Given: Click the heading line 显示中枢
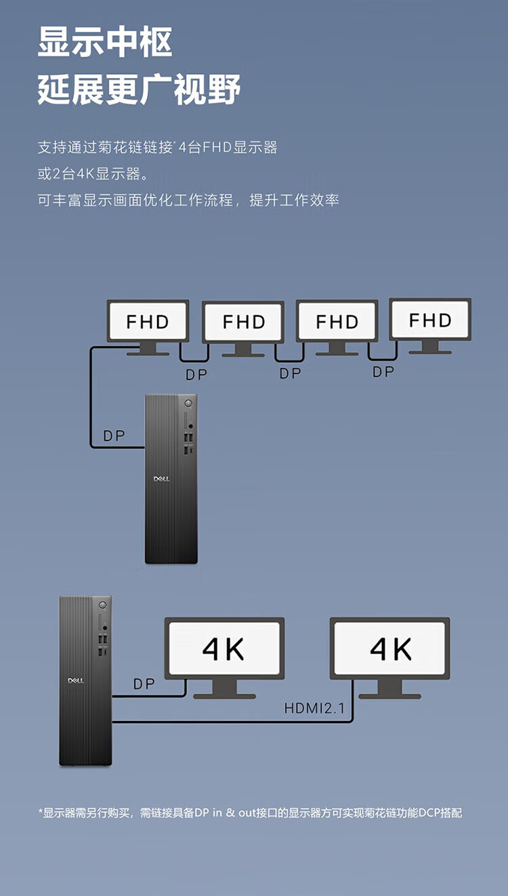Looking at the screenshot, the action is (x=105, y=41).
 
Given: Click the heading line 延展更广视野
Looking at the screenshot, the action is (x=139, y=89).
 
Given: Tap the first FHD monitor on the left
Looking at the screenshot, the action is (x=148, y=327).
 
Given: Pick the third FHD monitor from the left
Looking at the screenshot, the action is (x=337, y=327).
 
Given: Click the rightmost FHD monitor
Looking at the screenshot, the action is (x=430, y=326).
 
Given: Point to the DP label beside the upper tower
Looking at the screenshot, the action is (x=114, y=436).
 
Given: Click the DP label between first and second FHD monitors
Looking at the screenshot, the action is (x=196, y=375).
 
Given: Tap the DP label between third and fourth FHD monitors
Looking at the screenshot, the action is (x=383, y=372).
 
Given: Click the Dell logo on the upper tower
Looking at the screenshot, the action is (x=162, y=478).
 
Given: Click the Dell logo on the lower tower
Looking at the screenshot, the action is (x=76, y=680).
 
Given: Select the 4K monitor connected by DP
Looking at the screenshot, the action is (x=225, y=657).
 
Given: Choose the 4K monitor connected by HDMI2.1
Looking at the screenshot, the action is (x=389, y=657).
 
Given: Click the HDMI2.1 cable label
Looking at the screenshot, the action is (x=314, y=708).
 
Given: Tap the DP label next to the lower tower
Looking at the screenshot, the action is (x=144, y=684).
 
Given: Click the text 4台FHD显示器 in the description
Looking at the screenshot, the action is (x=228, y=148).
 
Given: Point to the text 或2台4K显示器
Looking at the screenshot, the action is (x=93, y=174).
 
